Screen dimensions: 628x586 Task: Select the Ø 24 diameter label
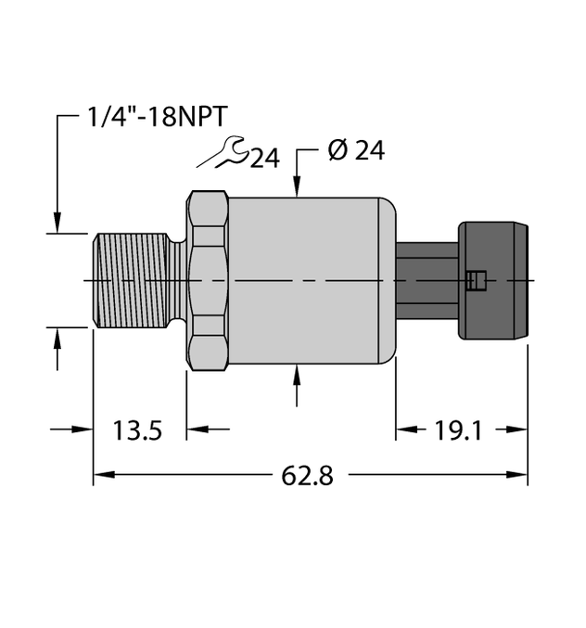tap(356, 151)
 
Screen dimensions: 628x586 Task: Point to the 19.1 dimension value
tap(451, 429)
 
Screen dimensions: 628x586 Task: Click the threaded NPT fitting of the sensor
tap(131, 279)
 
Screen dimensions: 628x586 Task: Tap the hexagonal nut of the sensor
tap(207, 279)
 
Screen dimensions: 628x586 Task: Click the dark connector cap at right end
tap(493, 279)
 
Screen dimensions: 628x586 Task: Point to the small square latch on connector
tap(476, 279)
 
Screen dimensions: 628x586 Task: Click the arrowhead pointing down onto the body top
tap(297, 189)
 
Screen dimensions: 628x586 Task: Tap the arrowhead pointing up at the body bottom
tap(297, 370)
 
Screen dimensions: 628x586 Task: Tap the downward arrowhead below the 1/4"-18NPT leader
tap(58, 224)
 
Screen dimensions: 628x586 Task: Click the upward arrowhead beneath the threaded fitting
tap(58, 336)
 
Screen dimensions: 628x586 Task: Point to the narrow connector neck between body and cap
tap(427, 279)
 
